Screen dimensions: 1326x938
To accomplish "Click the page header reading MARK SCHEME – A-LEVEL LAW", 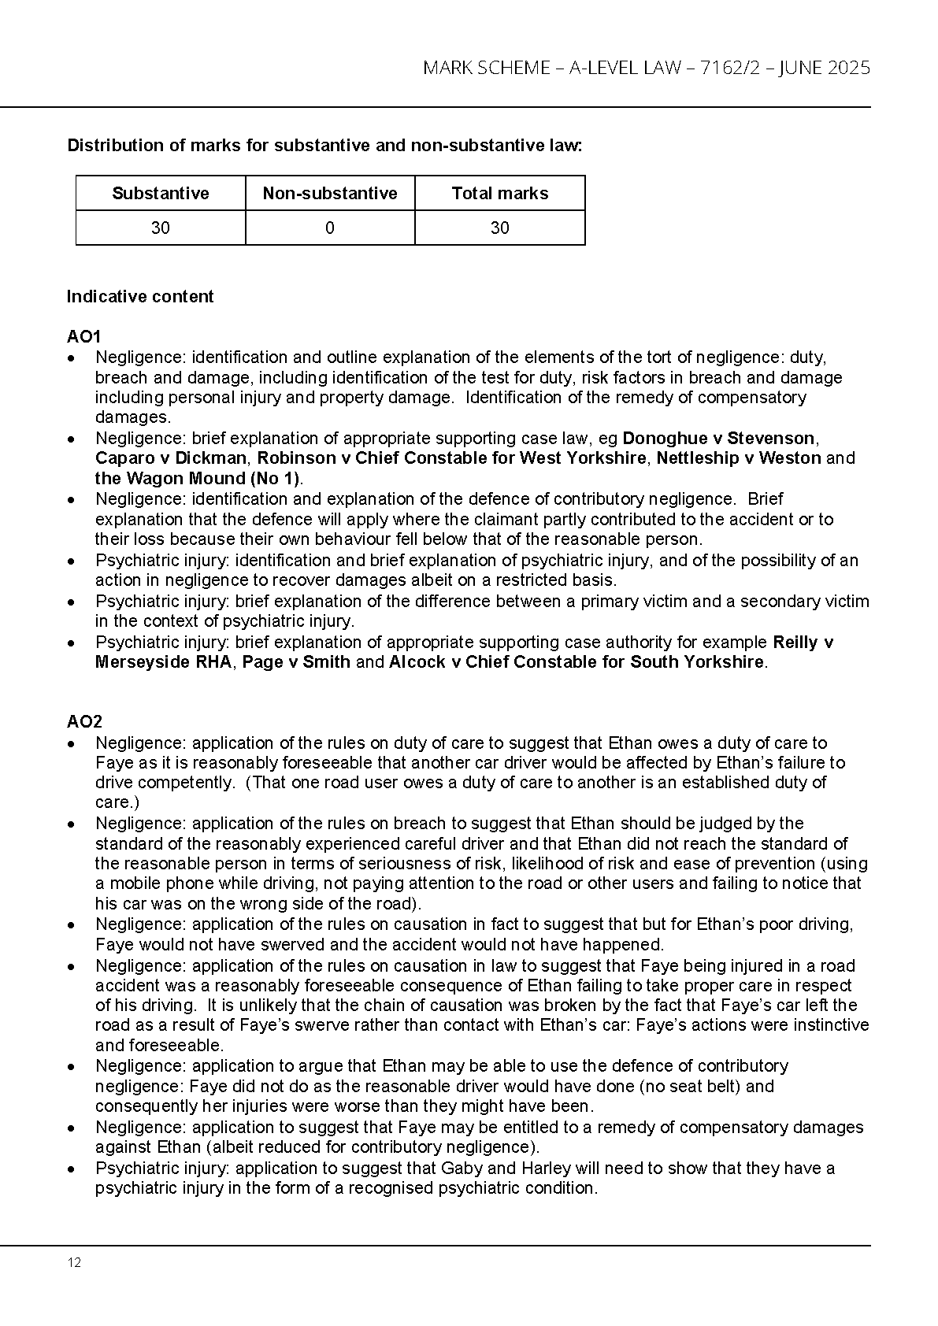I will point(646,68).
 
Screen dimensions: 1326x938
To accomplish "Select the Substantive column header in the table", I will point(161,194).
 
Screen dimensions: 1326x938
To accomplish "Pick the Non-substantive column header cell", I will point(330,194).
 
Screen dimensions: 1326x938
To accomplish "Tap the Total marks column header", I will point(499,194).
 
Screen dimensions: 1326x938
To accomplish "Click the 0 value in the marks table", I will point(330,228).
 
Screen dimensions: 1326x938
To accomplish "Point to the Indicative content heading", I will point(140,297).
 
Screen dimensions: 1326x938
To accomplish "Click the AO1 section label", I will point(84,337).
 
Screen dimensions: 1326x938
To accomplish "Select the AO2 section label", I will point(84,722).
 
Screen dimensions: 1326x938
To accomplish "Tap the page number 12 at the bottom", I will point(74,1263).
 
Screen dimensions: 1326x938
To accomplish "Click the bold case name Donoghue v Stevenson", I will point(718,439).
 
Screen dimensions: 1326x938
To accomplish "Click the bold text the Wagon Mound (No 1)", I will point(198,479).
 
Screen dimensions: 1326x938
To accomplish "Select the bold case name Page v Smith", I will point(296,662).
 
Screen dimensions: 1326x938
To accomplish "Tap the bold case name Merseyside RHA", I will point(164,662).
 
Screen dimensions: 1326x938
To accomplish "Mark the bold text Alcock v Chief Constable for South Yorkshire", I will point(576,662).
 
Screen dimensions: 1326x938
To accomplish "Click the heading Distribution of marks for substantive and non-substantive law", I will point(324,146).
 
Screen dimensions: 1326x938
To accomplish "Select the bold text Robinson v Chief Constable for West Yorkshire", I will point(452,458).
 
